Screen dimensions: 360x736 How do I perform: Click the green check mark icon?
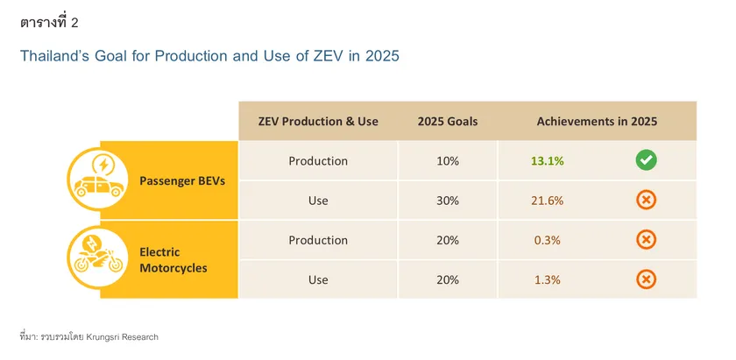point(646,161)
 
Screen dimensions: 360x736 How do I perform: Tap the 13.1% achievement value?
point(547,161)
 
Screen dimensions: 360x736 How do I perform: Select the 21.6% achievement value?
point(547,201)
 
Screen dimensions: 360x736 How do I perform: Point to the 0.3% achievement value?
point(547,240)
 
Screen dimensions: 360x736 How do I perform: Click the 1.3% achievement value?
point(547,279)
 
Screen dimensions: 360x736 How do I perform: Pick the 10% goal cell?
point(448,161)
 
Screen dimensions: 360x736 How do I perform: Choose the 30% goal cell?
point(448,201)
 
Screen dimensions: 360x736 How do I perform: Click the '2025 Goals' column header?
point(448,122)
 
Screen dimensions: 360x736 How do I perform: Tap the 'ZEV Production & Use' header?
point(318,122)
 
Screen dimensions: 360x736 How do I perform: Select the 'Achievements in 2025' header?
point(596,122)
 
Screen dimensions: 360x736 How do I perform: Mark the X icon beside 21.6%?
point(646,201)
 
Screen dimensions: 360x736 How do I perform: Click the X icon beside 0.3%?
point(646,240)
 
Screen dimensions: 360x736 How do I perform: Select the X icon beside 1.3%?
point(646,279)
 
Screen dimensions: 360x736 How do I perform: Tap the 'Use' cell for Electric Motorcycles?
point(318,279)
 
